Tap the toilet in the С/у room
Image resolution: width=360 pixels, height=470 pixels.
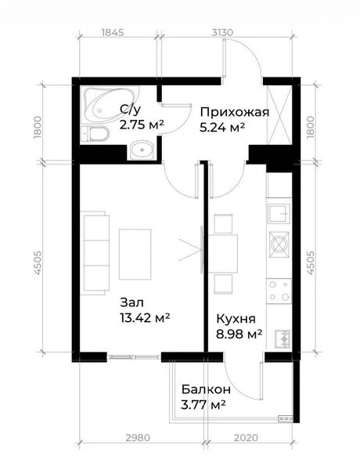point(95,134)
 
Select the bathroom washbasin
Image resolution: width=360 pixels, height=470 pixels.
point(142,150)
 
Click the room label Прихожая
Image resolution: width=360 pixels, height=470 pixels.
point(235,112)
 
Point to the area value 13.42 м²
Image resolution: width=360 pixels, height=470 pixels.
point(145,317)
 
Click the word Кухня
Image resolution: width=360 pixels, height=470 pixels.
point(236,319)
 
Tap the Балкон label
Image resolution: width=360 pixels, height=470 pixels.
point(206,389)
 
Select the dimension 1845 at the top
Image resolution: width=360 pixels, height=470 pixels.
point(113,32)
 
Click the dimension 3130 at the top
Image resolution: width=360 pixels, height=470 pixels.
point(222,32)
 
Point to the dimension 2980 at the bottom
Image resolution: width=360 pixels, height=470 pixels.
point(138,438)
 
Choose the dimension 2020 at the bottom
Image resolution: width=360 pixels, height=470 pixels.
point(246,438)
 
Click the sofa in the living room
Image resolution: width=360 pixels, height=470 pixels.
point(95,252)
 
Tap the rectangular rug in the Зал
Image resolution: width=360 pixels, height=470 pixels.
point(135,254)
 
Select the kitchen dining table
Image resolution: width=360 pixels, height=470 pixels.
point(223,254)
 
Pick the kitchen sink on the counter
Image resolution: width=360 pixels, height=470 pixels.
point(279,213)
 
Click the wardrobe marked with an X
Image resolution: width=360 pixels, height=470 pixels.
point(279,115)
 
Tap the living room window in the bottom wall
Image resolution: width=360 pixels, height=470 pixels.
point(134,357)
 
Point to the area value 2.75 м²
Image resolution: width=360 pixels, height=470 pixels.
point(142,125)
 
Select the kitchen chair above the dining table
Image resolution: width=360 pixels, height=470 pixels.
point(223,223)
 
